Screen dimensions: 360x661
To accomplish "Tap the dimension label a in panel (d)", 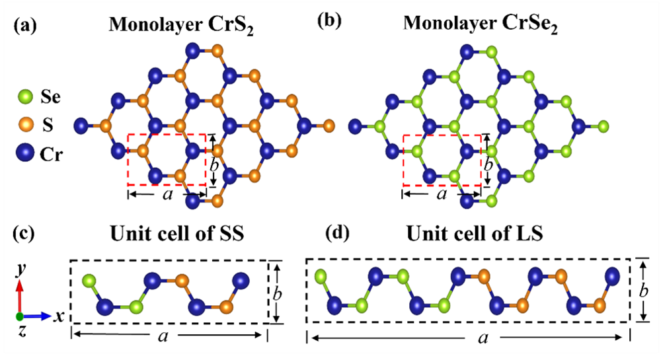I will (x=483, y=338).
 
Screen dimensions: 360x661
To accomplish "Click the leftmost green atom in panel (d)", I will (x=322, y=277).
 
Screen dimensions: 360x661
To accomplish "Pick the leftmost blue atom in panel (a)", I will (x=82, y=124).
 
